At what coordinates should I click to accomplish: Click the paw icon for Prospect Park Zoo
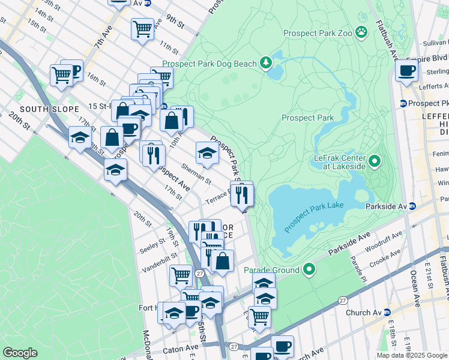361,31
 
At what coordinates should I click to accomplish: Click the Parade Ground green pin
309,269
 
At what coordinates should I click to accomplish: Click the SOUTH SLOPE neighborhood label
49,109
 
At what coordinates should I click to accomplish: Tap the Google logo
20,353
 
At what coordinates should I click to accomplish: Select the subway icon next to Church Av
387,313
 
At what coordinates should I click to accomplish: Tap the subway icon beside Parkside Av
412,206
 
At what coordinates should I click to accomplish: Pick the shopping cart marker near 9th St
143,28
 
